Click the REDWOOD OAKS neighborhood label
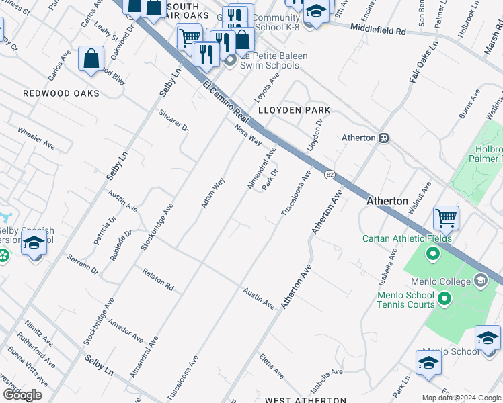click(61, 93)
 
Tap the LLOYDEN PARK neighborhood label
click(295, 109)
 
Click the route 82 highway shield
click(329, 175)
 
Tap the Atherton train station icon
click(384, 138)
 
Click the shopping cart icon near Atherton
click(446, 218)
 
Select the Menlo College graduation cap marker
click(480, 279)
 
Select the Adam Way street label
click(213, 193)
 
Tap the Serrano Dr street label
click(83, 265)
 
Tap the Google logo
click(22, 394)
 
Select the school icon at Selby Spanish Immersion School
click(33, 243)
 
